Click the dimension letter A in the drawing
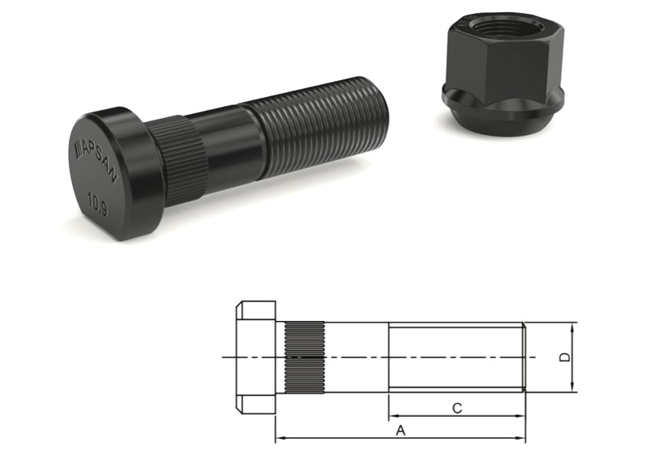400,431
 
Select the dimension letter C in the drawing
456,408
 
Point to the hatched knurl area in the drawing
304,356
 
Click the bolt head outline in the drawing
256,356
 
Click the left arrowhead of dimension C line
392,417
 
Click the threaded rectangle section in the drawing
456,356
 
